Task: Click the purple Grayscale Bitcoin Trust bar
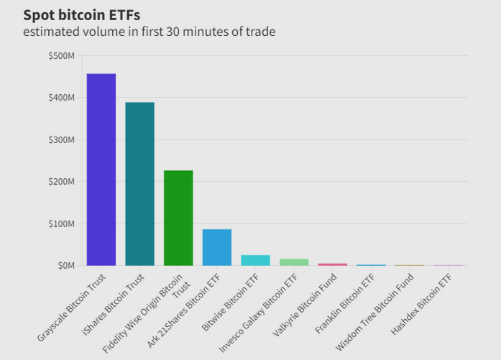pos(101,170)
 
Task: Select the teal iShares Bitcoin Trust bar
pos(139,184)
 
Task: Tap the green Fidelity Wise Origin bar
pos(178,218)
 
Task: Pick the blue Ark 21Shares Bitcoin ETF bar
pos(217,247)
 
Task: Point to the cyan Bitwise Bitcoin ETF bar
pos(255,260)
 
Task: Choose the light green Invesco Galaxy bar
pos(294,262)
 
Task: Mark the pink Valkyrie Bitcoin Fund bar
pos(333,264)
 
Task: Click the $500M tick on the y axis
pos(60,55)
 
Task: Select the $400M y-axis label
pos(60,97)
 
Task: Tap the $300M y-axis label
pos(60,139)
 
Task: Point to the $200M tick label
pos(60,181)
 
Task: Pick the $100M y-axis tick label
pos(60,223)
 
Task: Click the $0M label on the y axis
pos(65,265)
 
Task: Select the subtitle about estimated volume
pos(149,32)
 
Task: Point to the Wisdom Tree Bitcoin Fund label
pos(379,305)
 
